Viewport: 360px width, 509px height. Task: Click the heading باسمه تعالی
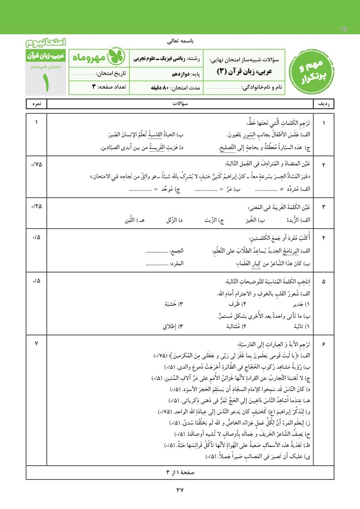tap(180, 42)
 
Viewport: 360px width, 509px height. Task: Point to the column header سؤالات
tap(180, 104)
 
